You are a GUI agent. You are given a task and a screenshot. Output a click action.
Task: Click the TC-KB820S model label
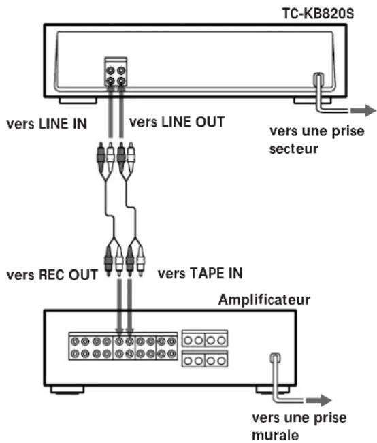point(318,14)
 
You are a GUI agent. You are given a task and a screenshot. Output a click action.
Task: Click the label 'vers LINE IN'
point(47,124)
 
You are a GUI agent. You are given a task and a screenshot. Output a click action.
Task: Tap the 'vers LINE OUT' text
point(177,122)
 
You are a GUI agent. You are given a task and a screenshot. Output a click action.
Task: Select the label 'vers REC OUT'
point(52,275)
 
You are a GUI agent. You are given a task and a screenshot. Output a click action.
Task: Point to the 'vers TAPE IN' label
point(200,273)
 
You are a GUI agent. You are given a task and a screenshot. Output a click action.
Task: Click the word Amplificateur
point(264,299)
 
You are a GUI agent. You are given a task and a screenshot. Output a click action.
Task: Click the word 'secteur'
point(293,149)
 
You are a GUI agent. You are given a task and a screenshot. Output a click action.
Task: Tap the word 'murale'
point(275,435)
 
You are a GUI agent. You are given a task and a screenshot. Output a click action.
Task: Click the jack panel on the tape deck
point(116,72)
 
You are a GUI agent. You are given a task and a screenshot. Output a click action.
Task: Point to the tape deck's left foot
point(78,101)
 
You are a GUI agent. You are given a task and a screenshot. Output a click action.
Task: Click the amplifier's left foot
point(67,390)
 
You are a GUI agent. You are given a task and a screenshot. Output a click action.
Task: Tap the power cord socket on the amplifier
point(275,358)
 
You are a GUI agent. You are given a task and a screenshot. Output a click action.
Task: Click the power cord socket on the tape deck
point(318,79)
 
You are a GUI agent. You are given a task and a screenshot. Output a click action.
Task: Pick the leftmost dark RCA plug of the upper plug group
point(100,157)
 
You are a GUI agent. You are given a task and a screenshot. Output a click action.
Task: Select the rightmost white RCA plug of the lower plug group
point(140,261)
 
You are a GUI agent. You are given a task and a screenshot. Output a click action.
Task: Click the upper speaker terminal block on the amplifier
point(205,338)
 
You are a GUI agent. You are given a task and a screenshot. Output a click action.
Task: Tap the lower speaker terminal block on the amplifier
point(205,359)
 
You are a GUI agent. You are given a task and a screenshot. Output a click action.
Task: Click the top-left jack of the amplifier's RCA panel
point(75,342)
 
